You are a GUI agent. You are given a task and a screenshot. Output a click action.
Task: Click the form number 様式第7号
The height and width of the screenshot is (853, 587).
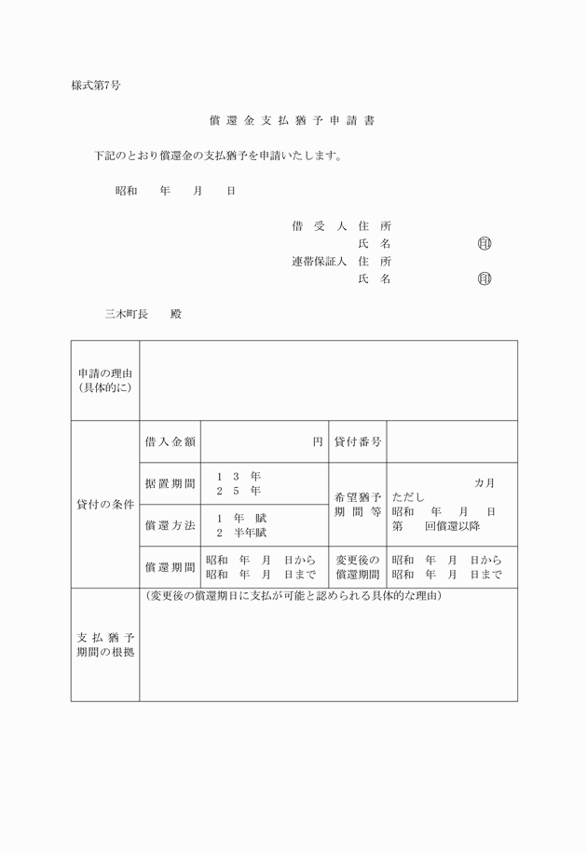(96, 86)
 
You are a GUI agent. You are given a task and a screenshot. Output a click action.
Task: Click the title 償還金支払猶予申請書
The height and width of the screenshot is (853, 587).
(293, 121)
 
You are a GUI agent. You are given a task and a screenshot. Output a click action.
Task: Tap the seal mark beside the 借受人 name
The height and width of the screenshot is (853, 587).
(484, 244)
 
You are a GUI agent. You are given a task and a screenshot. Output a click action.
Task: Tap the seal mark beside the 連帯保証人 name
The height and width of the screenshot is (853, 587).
(484, 278)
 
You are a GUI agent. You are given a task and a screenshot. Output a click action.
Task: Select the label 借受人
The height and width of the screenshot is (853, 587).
(319, 226)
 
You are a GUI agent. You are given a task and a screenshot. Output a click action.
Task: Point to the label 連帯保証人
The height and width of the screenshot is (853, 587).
(319, 262)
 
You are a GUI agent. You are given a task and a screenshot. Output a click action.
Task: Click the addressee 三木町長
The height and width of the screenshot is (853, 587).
(126, 314)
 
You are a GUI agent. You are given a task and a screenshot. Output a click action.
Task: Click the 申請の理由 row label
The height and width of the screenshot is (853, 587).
(105, 380)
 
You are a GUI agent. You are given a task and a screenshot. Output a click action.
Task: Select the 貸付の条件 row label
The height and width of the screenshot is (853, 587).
(105, 504)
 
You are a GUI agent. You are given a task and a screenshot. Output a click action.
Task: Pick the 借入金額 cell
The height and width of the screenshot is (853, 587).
(170, 442)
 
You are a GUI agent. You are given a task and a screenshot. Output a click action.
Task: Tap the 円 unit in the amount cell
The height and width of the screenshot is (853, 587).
(318, 442)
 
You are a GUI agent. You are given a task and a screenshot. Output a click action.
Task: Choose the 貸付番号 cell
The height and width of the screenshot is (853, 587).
(358, 442)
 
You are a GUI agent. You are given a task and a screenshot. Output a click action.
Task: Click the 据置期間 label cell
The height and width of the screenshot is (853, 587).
(170, 483)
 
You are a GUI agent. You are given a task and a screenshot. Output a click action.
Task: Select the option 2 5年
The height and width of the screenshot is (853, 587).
(239, 491)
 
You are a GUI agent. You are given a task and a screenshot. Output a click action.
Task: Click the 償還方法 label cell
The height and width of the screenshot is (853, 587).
(170, 525)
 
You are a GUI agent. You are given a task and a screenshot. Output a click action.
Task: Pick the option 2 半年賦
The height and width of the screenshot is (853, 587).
(241, 533)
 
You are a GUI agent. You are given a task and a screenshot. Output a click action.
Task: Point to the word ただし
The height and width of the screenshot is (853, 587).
(408, 498)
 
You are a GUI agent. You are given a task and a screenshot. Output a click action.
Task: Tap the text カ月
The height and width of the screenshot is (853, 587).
(485, 482)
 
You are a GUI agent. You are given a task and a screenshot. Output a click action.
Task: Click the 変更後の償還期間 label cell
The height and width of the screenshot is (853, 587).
(358, 567)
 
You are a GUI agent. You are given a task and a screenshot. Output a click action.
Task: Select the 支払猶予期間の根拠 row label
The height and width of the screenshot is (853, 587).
(105, 644)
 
